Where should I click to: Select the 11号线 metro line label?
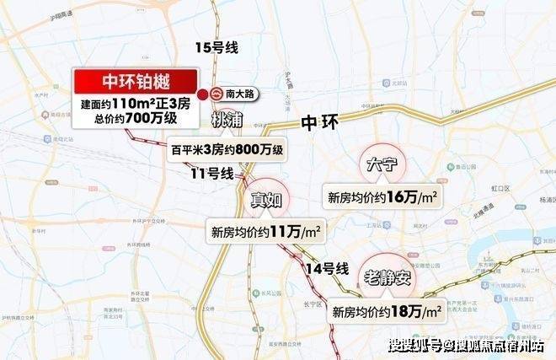click(211, 174)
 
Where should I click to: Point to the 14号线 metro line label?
click(328, 269)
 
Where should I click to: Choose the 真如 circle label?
click(266, 200)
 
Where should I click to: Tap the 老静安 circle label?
click(393, 276)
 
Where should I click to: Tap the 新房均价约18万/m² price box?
click(388, 311)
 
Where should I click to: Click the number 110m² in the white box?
click(134, 104)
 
